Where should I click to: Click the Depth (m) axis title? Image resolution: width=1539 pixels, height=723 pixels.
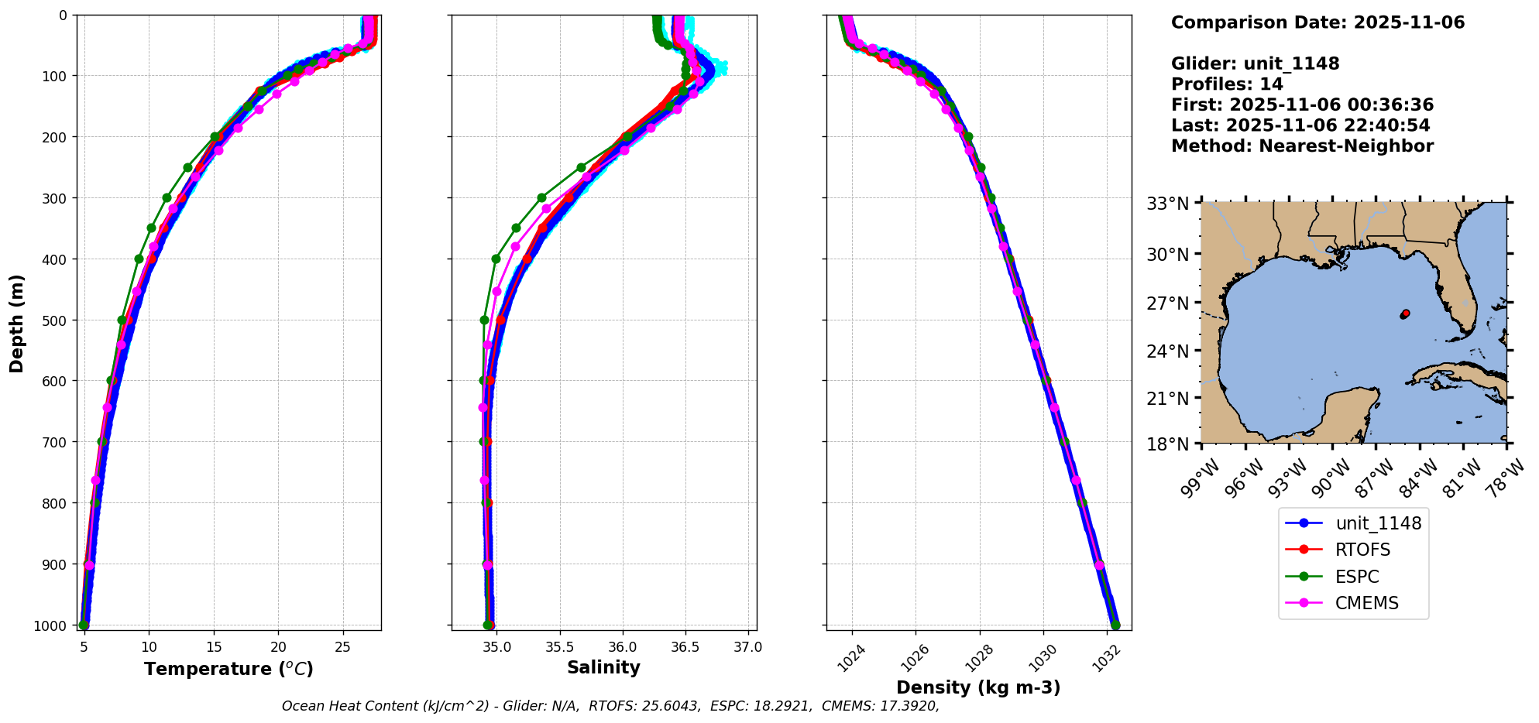tap(17, 323)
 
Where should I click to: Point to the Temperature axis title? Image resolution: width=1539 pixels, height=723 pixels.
tap(228, 669)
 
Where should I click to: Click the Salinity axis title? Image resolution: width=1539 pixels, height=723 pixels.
tap(603, 667)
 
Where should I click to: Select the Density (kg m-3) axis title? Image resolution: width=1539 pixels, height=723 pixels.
tap(978, 687)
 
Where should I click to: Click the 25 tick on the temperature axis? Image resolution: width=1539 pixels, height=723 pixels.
tap(343, 647)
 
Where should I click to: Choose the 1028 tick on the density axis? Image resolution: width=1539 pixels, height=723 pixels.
tap(977, 657)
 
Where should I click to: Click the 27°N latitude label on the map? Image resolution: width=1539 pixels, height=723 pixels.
tap(1167, 303)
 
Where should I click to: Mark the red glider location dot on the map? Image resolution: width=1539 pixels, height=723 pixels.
tap(1405, 314)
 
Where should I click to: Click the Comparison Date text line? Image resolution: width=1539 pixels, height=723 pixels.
tap(1317, 22)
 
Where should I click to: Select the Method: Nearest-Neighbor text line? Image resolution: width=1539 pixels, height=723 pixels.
tap(1302, 146)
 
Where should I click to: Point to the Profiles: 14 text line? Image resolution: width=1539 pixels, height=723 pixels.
tap(1227, 84)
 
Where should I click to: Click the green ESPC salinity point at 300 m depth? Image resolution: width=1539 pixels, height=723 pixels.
tap(541, 197)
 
